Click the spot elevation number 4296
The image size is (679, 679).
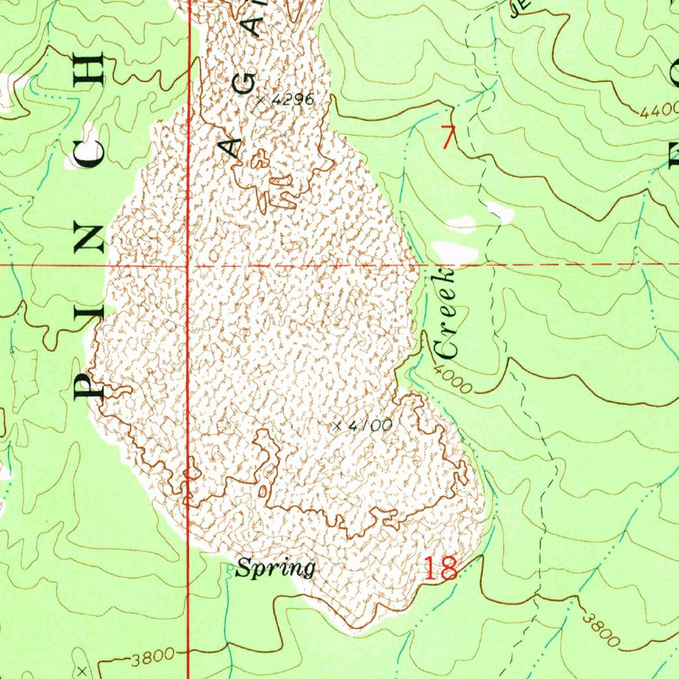[292, 100]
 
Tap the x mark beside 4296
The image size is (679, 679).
[261, 100]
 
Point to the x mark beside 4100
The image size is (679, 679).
[338, 426]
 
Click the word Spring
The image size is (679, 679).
[275, 568]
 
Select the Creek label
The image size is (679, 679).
[445, 312]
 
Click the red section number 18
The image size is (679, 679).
[440, 569]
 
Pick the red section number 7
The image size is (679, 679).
[450, 137]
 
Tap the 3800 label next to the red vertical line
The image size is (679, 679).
[153, 658]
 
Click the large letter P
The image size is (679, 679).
[89, 385]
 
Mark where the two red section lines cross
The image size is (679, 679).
[189, 265]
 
